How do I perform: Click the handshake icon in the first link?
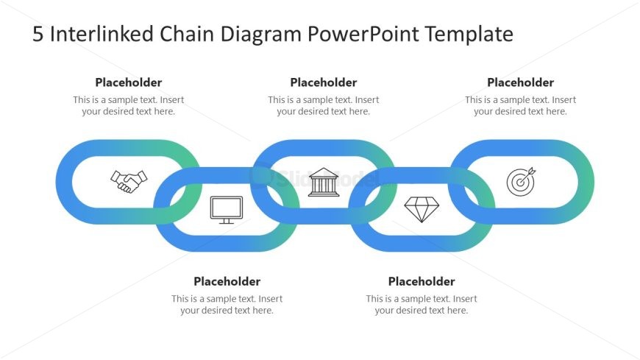pyautogui.click(x=129, y=181)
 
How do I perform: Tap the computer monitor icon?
pyautogui.click(x=226, y=209)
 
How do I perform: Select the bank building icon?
pyautogui.click(x=324, y=182)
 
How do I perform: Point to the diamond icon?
pyautogui.click(x=421, y=209)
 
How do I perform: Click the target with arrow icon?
pyautogui.click(x=520, y=181)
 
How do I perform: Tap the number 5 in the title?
pyautogui.click(x=38, y=35)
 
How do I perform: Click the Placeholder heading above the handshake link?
pyautogui.click(x=129, y=82)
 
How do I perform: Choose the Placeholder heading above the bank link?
pyautogui.click(x=324, y=82)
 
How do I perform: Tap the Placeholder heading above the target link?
pyautogui.click(x=520, y=82)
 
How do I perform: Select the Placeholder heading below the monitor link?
pyautogui.click(x=227, y=281)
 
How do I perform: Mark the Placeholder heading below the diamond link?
pyautogui.click(x=422, y=281)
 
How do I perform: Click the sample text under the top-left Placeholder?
pyautogui.click(x=129, y=106)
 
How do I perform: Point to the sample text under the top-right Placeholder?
pyautogui.click(x=520, y=106)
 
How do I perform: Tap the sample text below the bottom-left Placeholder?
pyautogui.click(x=227, y=305)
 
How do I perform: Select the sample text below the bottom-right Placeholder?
pyautogui.click(x=422, y=305)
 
